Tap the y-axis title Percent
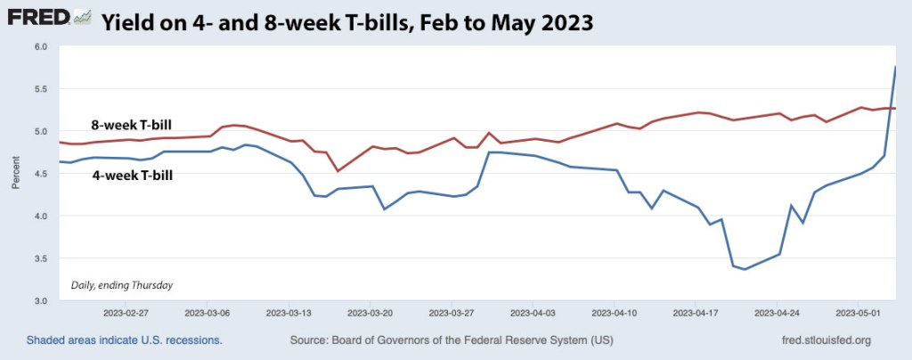16,174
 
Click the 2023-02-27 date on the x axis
125,313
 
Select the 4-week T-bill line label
132,176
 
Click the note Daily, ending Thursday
122,285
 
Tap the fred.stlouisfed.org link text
824,340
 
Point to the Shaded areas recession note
125,340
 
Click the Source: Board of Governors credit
452,340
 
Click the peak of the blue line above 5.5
895,67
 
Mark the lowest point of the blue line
745,269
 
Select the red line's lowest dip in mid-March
338,170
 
